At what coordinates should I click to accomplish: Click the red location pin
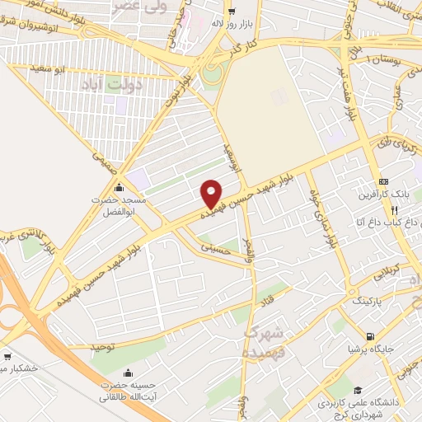(212, 194)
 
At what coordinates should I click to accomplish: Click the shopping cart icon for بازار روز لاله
(230, 12)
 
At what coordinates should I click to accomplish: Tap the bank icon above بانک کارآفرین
(382, 181)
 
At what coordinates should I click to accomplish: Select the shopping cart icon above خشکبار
(7, 356)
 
